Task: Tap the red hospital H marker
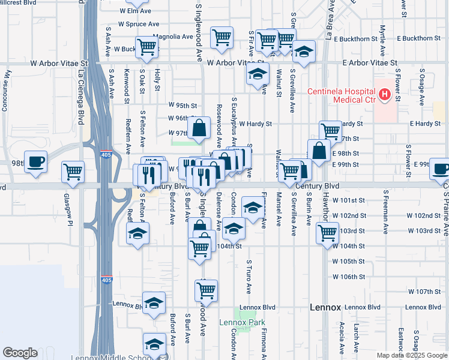coord(384,95)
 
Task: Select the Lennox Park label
coord(250,322)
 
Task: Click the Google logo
coord(20,353)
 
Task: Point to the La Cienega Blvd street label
coord(80,90)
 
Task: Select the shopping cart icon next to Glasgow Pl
coord(73,172)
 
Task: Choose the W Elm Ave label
coord(135,10)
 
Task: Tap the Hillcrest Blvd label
coord(18,2)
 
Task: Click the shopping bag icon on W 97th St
coord(199,128)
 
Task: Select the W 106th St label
coord(349,277)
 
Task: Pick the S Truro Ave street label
coord(249,277)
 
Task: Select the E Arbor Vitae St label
coord(370,62)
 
